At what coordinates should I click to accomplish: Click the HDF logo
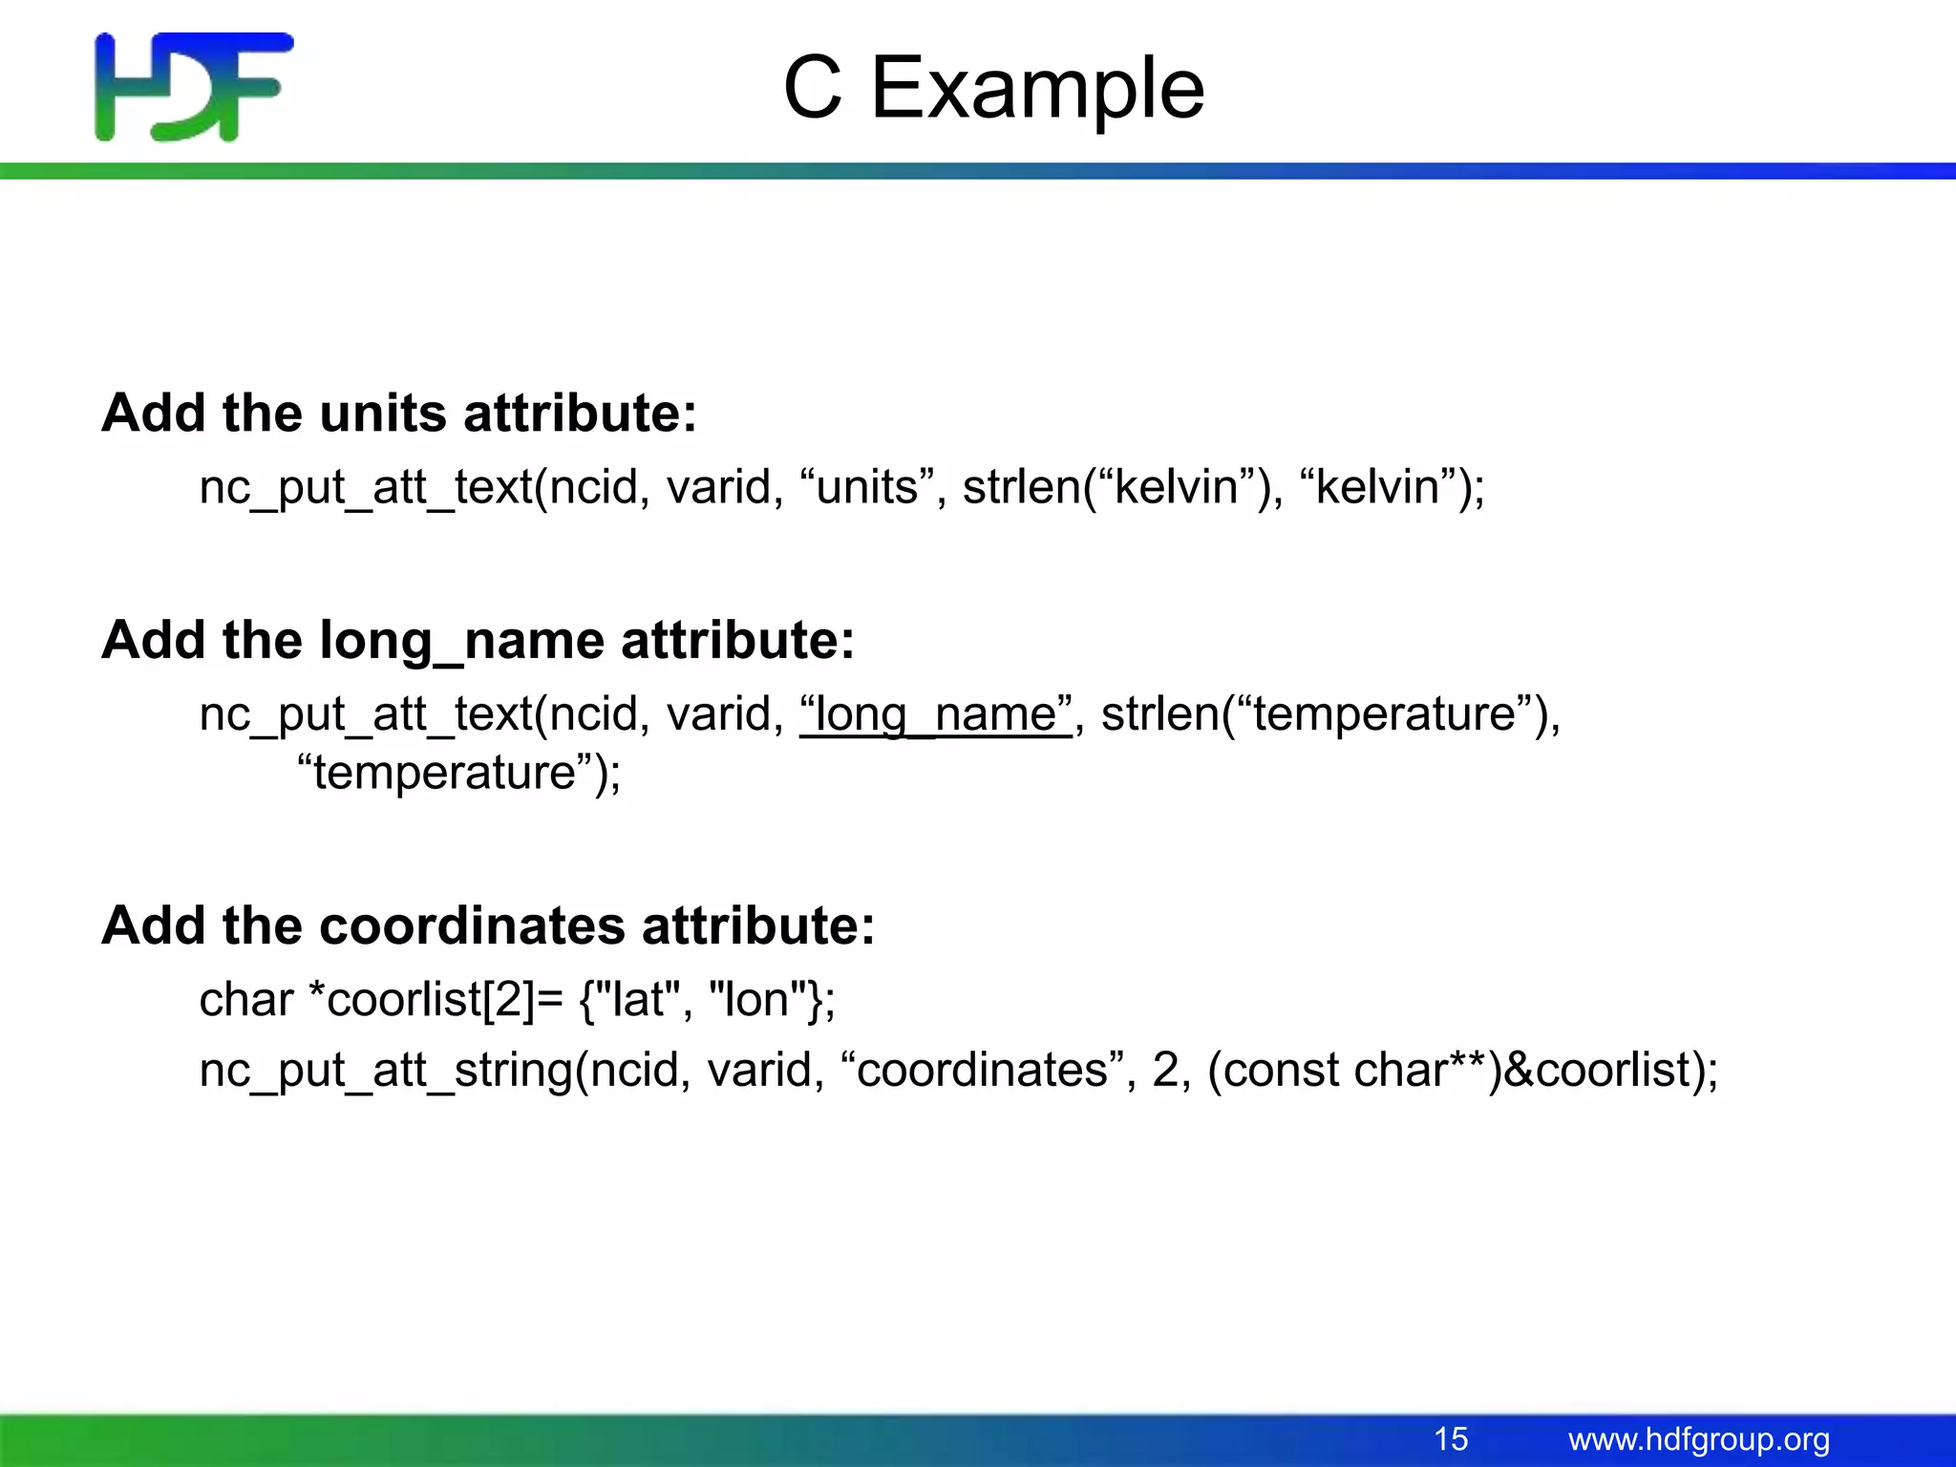click(194, 87)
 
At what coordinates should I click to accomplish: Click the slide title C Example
click(993, 88)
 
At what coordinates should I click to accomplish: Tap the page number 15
click(1451, 1438)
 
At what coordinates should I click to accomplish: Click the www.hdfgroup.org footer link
click(1699, 1439)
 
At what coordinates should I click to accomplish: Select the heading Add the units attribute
click(399, 414)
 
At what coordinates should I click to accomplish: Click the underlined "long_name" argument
click(936, 714)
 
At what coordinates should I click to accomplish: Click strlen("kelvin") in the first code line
click(1122, 487)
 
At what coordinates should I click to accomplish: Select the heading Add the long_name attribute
click(478, 640)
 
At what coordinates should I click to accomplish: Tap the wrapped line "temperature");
click(458, 772)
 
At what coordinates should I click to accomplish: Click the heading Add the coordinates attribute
click(488, 925)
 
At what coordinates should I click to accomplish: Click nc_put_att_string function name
click(386, 1070)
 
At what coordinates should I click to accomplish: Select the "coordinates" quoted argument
click(983, 1070)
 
